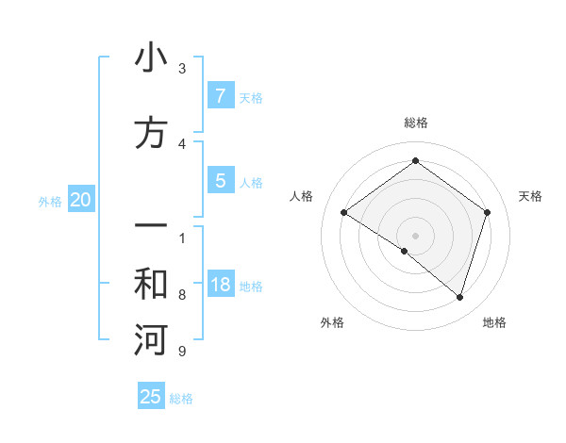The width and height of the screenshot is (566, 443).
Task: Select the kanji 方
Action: (x=151, y=132)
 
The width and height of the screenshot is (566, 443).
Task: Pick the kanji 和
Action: (x=151, y=285)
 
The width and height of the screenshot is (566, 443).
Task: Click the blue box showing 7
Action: (x=220, y=96)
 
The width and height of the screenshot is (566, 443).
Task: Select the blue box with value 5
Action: (x=220, y=181)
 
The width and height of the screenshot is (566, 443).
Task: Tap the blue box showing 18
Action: (x=220, y=285)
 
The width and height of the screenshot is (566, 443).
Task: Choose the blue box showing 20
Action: (x=81, y=200)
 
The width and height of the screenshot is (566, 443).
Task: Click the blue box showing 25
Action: (x=151, y=397)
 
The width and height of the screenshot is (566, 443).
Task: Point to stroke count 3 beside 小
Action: (x=182, y=69)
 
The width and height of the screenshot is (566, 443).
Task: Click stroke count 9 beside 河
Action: (x=182, y=352)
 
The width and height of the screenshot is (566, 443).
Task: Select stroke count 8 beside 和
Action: (x=182, y=295)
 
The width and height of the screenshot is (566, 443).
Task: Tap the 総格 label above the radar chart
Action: (x=415, y=123)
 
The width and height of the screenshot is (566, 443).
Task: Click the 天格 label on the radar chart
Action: (x=530, y=196)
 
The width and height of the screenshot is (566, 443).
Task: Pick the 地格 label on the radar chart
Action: (x=494, y=322)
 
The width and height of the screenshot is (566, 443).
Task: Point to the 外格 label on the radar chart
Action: (x=332, y=322)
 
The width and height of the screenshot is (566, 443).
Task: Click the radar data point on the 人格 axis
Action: (x=344, y=213)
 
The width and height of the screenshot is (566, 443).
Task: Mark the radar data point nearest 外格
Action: (x=405, y=251)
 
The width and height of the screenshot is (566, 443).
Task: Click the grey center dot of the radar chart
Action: (x=415, y=235)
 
